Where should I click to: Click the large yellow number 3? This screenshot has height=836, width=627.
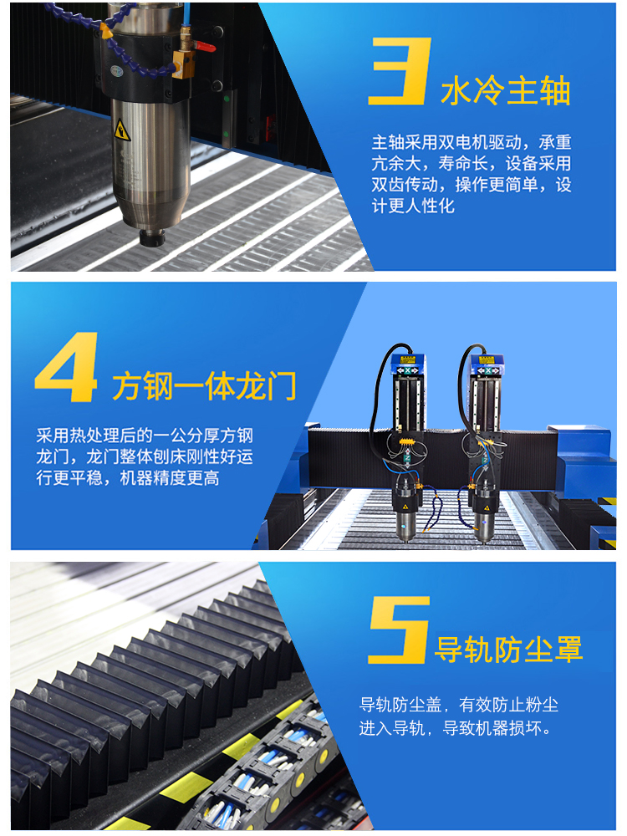(x=399, y=70)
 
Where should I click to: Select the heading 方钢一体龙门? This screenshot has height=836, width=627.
(x=204, y=386)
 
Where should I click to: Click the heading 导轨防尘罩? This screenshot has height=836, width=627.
(x=508, y=649)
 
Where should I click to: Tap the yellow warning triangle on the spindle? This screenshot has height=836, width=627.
(x=122, y=130)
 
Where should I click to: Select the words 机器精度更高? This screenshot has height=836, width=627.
(x=170, y=479)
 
